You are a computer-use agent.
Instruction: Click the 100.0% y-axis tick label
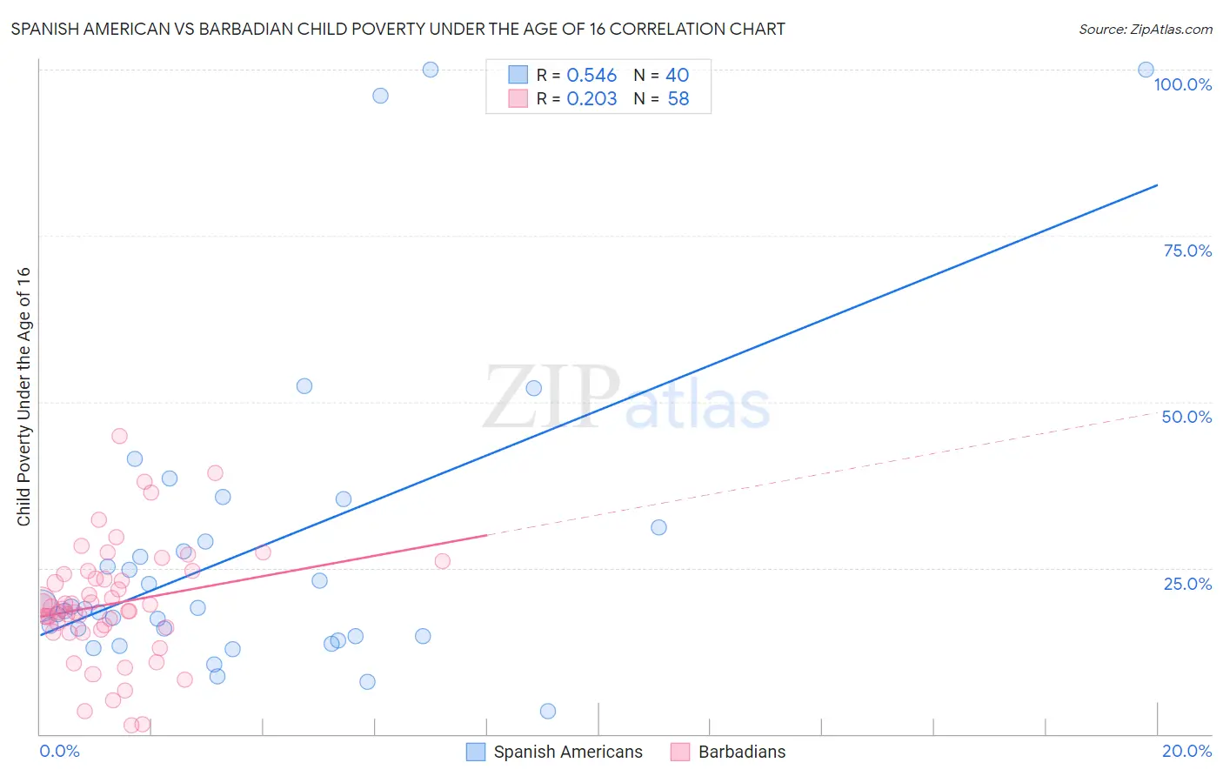click(x=1182, y=84)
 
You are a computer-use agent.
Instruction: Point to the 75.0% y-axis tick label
click(x=1187, y=251)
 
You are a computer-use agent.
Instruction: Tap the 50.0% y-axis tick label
click(x=1186, y=417)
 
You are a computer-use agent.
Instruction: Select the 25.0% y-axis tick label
click(x=1187, y=584)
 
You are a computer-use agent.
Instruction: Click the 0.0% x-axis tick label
click(x=59, y=751)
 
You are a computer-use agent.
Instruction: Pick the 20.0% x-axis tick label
click(x=1186, y=751)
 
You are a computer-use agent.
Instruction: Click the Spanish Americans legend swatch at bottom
click(x=476, y=752)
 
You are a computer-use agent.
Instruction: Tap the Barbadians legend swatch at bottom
click(x=680, y=752)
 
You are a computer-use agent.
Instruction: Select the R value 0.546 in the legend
click(x=591, y=76)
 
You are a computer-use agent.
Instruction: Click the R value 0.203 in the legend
click(x=591, y=99)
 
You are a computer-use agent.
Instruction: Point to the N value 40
click(x=677, y=76)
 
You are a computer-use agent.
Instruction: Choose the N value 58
click(x=678, y=99)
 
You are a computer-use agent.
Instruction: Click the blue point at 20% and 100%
click(x=1146, y=70)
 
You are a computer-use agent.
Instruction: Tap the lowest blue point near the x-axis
click(x=548, y=712)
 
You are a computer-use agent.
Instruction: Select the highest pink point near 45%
click(x=120, y=436)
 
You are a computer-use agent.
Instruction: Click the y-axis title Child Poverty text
click(x=24, y=396)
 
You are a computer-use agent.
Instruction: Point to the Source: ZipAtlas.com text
click(x=1145, y=30)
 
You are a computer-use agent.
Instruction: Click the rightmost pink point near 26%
click(x=442, y=561)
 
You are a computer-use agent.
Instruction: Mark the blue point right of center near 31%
click(x=658, y=527)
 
